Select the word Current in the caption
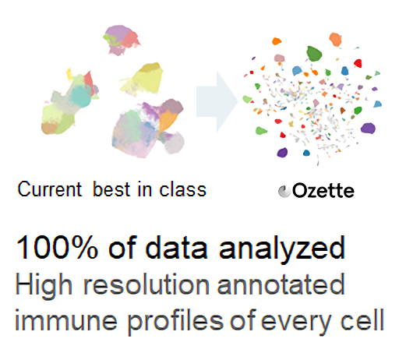click(x=48, y=189)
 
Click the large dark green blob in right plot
click(x=315, y=53)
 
